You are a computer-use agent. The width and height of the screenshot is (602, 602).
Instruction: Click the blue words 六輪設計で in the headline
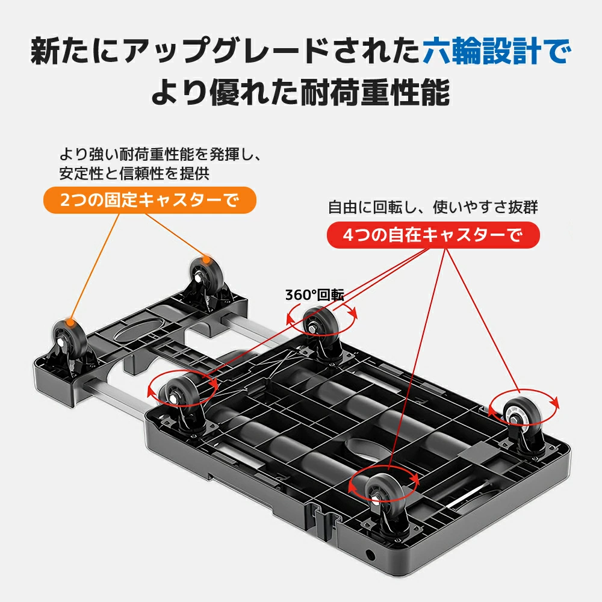point(495,52)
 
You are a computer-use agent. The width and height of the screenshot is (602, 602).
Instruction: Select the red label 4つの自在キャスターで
point(433,235)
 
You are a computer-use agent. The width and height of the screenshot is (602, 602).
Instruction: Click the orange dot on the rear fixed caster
point(206,260)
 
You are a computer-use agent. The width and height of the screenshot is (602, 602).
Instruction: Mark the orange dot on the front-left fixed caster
point(71,322)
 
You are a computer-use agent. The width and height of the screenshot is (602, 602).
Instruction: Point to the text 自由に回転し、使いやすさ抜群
point(433,207)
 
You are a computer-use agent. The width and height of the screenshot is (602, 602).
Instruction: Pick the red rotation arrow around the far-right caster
point(524,405)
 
